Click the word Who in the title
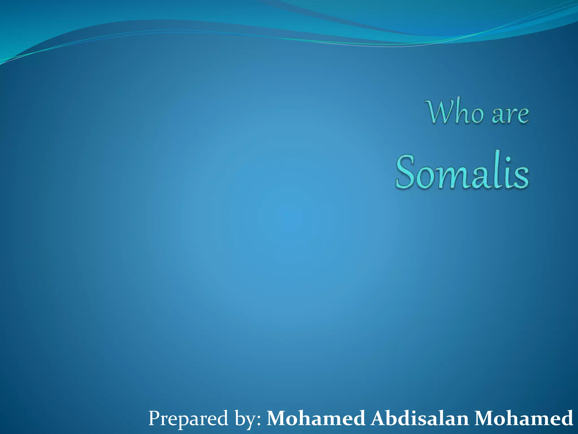[x=456, y=112]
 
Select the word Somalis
[x=462, y=172]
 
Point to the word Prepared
[x=188, y=418]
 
